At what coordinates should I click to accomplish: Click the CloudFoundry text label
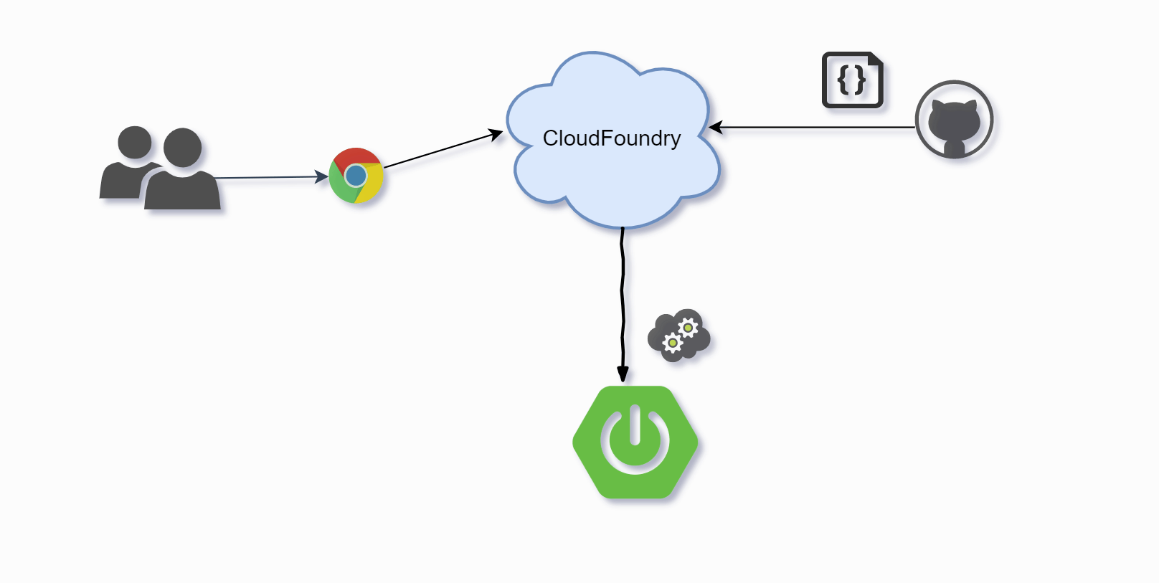611,138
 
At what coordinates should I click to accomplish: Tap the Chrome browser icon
356,176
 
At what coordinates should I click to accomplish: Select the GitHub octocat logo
954,120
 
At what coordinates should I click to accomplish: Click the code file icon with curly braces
852,80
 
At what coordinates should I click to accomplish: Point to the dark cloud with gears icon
678,336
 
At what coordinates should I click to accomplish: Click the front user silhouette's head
182,148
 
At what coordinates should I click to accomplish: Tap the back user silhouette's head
135,142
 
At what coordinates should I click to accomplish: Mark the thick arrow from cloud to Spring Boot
622,301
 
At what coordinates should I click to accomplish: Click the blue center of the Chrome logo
356,176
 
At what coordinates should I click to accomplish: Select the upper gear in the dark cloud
688,328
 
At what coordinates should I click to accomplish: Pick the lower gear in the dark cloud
672,343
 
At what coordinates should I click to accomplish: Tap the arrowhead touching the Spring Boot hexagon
623,374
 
